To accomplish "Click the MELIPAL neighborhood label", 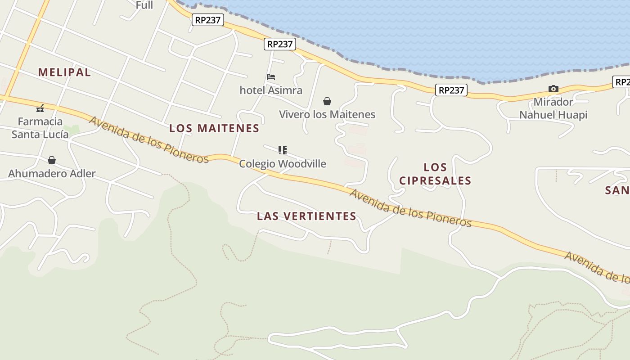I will pos(64,72).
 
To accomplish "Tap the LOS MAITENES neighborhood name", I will pos(214,128).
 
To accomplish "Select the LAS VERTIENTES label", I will pos(306,216).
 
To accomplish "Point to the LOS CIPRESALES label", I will pos(435,174).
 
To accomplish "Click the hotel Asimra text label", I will pos(271,90).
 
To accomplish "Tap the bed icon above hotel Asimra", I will pos(271,77).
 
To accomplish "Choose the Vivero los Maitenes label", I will pos(327,114).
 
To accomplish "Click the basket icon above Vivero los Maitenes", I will pos(327,101).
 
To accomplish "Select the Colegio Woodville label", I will pos(283,164).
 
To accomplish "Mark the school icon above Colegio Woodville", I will pos(283,150).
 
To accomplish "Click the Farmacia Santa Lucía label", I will pos(40,128).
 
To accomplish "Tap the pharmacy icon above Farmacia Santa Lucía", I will pos(40,108).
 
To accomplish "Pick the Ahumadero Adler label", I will pos(52,174).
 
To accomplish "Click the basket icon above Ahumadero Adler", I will pos(52,160).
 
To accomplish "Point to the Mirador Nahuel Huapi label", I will pos(553,108).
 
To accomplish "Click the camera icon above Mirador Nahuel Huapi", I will pos(553,89).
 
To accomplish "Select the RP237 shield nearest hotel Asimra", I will pos(280,44).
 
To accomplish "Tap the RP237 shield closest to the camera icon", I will pos(451,90).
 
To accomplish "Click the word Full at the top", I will pos(144,5).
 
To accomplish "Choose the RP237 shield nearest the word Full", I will pos(207,20).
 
